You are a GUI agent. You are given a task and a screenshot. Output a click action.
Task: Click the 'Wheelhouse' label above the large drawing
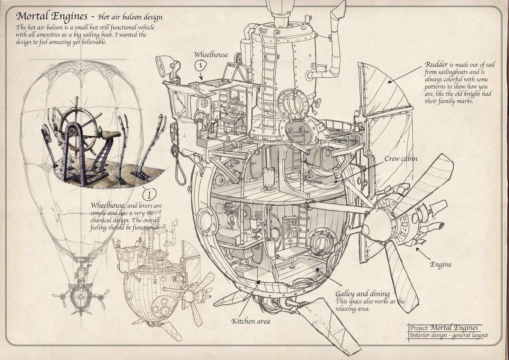click(211, 55)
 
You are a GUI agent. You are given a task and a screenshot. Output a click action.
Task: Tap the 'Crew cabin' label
click(401, 159)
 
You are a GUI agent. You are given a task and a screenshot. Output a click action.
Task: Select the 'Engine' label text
click(440, 264)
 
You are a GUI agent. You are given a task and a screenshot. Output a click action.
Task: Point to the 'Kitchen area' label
click(251, 322)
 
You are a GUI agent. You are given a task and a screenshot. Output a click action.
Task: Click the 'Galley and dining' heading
click(362, 294)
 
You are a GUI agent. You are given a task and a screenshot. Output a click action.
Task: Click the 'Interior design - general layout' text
click(449, 335)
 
